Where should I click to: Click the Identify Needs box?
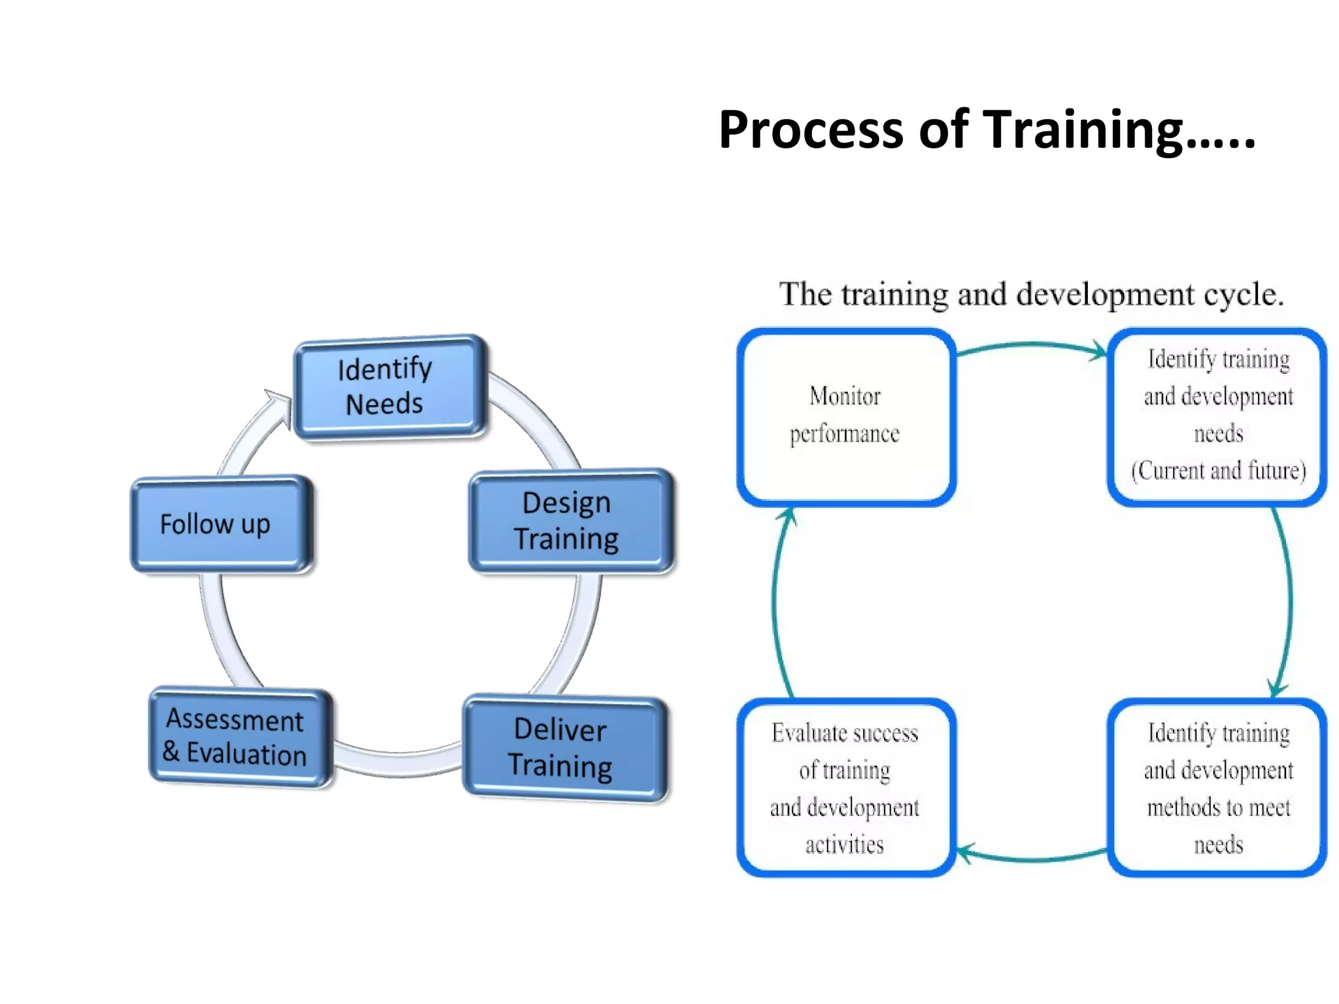[x=390, y=387]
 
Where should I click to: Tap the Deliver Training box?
[x=564, y=748]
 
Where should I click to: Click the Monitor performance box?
[x=846, y=416]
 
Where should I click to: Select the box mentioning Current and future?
[x=1217, y=416]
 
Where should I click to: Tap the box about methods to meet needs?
[x=1217, y=788]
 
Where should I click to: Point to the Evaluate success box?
[x=846, y=788]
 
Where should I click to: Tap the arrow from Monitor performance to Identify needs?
[x=1031, y=345]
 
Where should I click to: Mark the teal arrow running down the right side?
[x=1289, y=601]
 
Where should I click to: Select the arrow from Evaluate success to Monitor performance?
[x=775, y=601]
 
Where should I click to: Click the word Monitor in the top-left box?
[x=845, y=397]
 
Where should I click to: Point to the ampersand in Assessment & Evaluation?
[x=171, y=751]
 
